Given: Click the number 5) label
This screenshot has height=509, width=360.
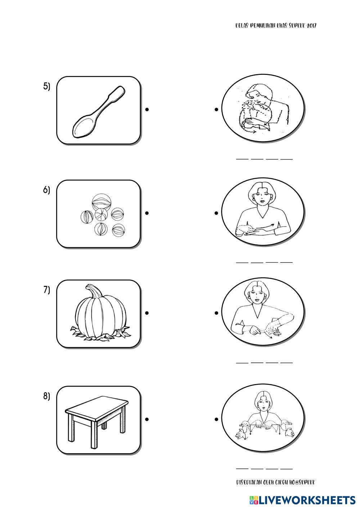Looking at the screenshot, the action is (x=46, y=87).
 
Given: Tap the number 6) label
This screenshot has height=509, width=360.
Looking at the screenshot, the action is (x=46, y=190).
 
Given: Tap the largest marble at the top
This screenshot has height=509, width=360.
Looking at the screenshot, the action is (x=102, y=202).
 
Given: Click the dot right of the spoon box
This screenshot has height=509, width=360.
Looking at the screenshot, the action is (x=147, y=109).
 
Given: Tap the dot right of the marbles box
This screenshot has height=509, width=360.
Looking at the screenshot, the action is (x=147, y=213).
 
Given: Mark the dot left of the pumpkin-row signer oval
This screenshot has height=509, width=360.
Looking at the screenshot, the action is (x=216, y=313).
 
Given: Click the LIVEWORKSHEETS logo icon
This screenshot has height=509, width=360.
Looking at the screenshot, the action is (x=252, y=500).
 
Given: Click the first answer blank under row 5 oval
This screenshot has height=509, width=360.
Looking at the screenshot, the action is (x=242, y=159).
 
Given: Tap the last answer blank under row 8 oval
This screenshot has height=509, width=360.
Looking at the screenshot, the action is (x=286, y=469).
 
